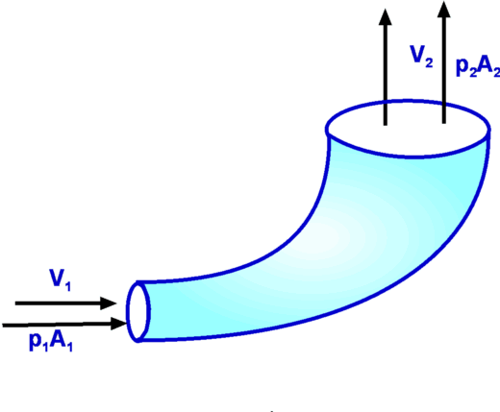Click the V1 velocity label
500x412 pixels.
(60, 280)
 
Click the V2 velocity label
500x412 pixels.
(422, 57)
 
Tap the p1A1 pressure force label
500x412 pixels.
(51, 342)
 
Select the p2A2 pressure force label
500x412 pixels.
(478, 67)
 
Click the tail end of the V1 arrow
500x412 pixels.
(15, 303)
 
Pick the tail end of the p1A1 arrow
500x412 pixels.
(3, 326)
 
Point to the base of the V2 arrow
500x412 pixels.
(386, 125)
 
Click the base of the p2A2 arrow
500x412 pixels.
(444, 123)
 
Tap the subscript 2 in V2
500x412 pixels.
(429, 62)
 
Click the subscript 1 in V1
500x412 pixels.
(67, 285)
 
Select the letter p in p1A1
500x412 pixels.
(35, 343)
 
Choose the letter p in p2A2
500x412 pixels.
(462, 68)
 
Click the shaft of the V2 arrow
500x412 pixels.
(386, 75)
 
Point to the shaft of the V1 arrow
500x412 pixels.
(58, 303)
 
